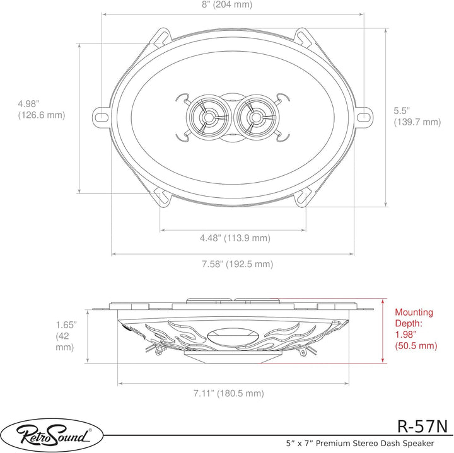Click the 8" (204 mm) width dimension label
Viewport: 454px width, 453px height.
[227, 4]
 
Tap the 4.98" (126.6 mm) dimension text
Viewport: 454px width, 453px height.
[42, 110]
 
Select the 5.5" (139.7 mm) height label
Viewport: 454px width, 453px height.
[417, 117]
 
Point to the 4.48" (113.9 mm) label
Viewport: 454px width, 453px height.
[235, 238]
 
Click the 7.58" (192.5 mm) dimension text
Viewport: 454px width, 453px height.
[238, 264]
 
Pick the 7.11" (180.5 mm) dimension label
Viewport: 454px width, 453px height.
[229, 393]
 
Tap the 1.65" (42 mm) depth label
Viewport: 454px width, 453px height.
[66, 336]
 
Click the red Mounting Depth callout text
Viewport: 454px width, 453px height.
[416, 329]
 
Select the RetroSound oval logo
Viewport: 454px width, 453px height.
[52, 435]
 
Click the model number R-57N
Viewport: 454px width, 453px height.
[422, 426]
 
